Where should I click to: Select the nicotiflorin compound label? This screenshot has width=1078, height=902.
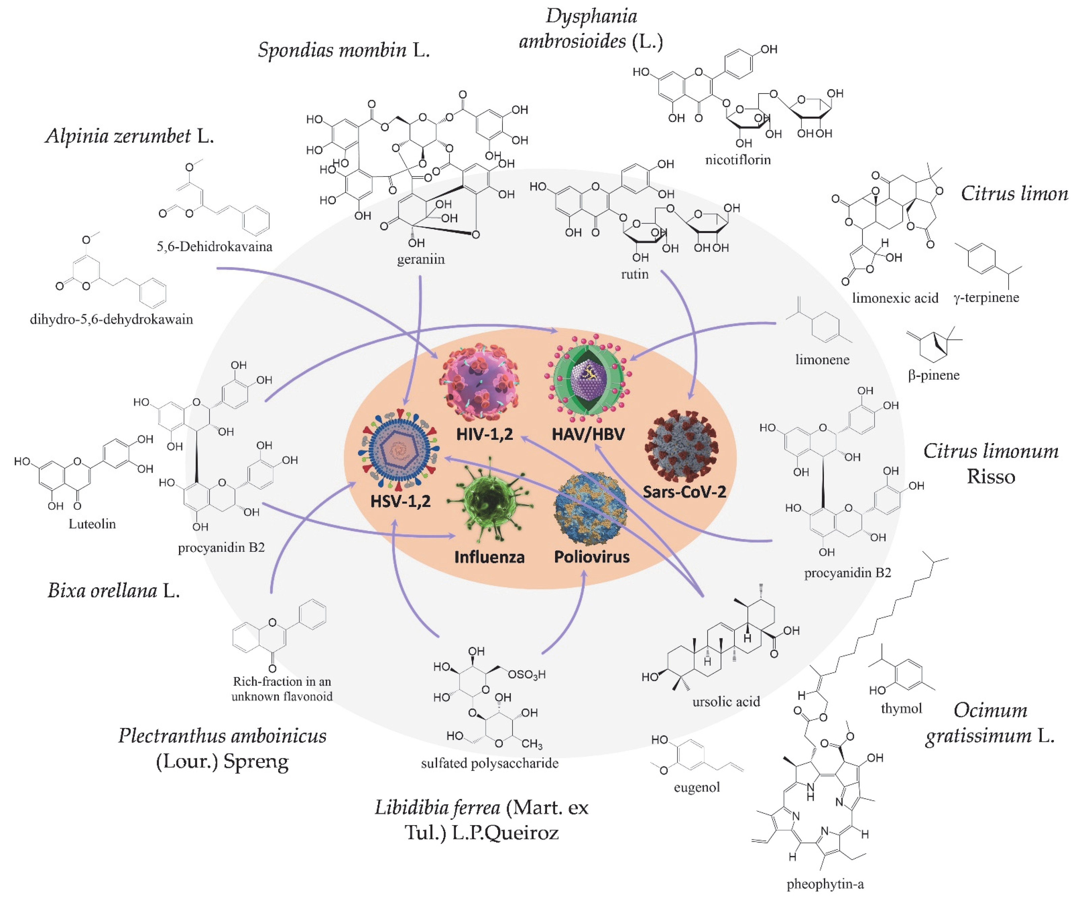pos(738,160)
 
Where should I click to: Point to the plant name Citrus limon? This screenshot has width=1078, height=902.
pos(1014,194)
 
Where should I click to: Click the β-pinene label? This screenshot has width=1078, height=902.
pos(933,375)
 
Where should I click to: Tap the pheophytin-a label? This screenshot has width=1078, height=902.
pos(825,884)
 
